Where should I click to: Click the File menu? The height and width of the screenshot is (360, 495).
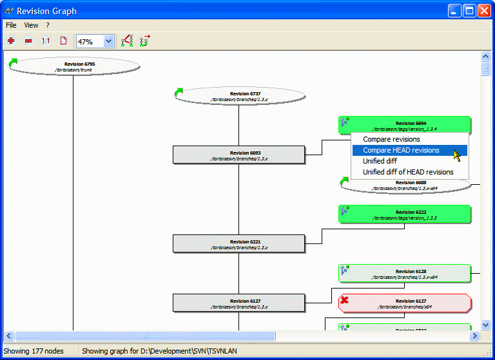[11, 25]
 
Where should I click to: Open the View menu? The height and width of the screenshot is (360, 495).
[31, 25]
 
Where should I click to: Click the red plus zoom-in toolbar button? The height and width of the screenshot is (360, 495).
[11, 41]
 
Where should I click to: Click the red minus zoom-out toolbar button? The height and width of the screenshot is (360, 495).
[28, 41]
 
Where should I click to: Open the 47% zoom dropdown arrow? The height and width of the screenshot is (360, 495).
[108, 41]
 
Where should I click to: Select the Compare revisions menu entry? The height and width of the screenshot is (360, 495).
[391, 139]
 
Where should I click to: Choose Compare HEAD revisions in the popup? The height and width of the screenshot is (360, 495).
[401, 150]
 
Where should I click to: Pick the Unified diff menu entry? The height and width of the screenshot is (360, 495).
[380, 161]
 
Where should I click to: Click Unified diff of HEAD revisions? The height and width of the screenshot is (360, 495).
[408, 172]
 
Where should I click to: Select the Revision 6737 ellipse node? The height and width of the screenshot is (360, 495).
[239, 96]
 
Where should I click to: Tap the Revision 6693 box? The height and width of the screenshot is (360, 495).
[238, 155]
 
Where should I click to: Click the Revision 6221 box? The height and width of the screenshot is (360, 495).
[238, 243]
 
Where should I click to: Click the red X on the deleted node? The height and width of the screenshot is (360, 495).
[345, 300]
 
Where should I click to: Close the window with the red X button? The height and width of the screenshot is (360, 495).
[484, 11]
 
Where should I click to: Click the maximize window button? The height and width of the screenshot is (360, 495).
[470, 11]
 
